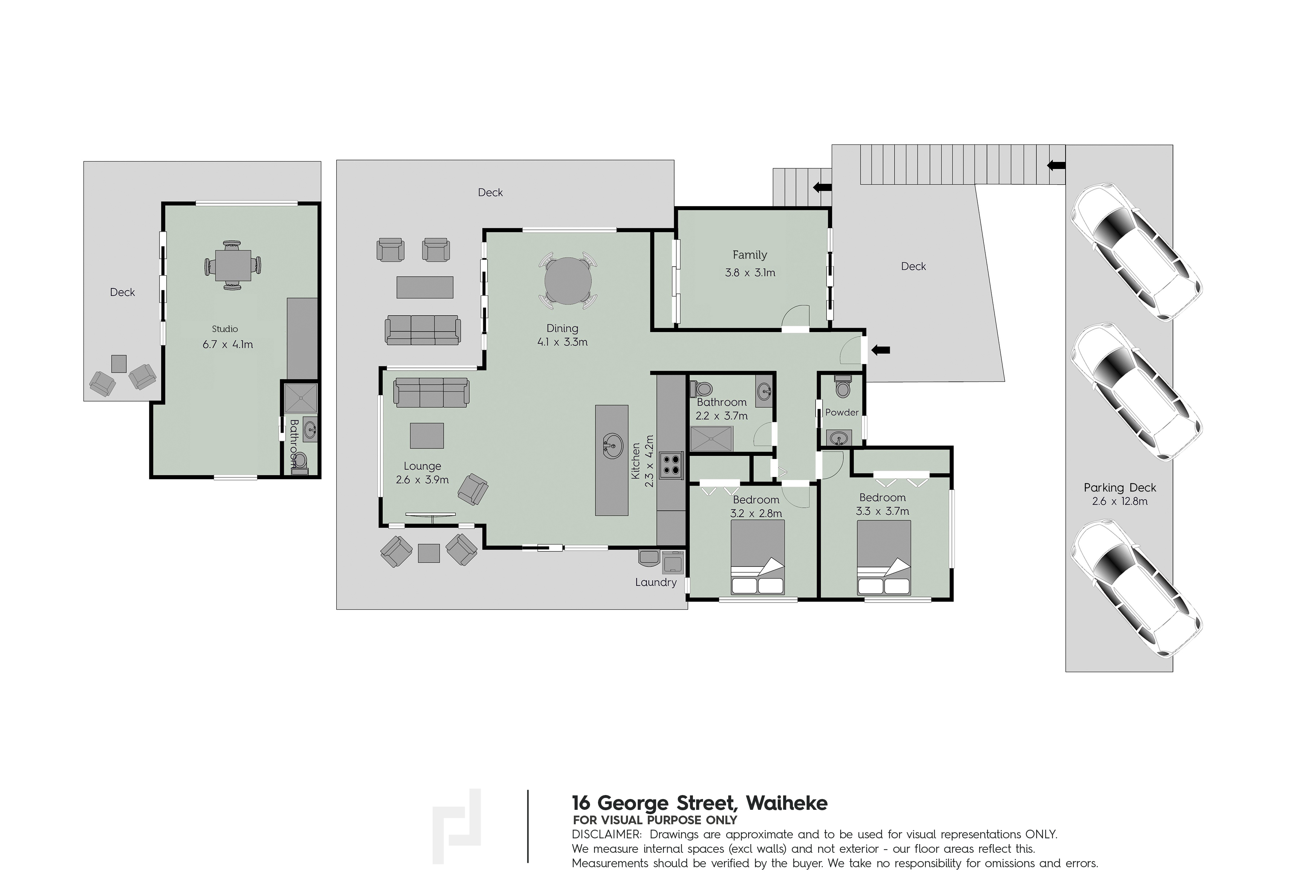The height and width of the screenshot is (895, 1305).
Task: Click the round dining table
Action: (x=568, y=281)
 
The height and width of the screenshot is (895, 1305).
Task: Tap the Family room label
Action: (x=750, y=255)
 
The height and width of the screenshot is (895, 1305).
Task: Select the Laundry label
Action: (x=656, y=582)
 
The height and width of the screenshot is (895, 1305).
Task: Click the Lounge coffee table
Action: (x=427, y=436)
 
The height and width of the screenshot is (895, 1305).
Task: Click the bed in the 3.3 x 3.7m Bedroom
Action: (x=884, y=557)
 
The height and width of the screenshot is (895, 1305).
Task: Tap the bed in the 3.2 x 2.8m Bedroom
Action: (x=758, y=557)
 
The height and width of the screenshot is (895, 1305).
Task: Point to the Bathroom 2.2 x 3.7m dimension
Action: (x=721, y=416)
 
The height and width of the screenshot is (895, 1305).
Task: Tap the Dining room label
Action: (x=562, y=328)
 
